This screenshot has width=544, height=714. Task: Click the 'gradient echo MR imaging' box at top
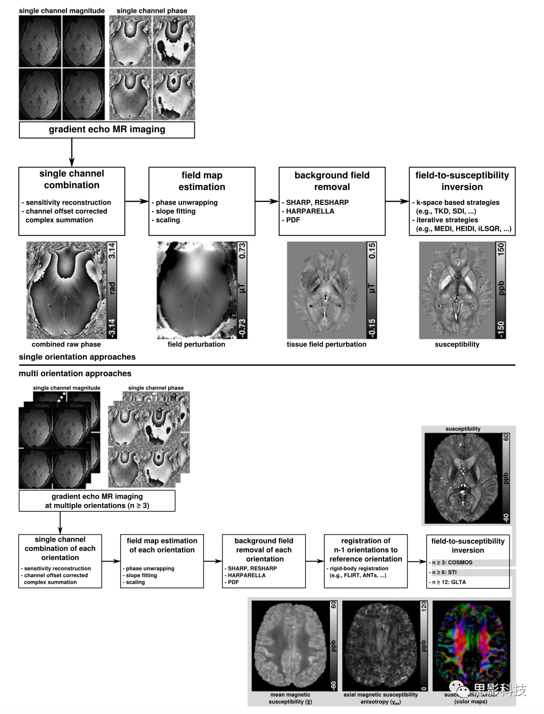107,130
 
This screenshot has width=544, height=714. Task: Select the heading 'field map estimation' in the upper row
201,181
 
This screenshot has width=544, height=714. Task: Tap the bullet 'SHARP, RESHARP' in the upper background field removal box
317,203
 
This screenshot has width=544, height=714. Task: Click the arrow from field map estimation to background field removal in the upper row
266,202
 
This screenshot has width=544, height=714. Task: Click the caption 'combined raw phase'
66,344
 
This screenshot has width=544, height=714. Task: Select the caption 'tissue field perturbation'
326,344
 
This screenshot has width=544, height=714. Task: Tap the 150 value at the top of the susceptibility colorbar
501,249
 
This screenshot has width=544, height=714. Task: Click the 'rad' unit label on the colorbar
112,288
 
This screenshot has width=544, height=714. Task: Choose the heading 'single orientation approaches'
77,357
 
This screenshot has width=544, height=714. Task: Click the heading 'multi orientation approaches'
75,373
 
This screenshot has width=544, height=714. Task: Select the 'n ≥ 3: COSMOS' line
452,563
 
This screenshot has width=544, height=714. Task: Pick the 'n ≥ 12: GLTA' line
448,582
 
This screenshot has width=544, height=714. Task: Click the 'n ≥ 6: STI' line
444,573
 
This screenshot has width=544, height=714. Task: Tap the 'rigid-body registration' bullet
359,568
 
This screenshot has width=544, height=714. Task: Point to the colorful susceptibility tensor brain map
471,646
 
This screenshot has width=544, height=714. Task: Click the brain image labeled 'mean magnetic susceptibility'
290,646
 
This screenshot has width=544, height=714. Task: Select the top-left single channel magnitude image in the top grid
40,41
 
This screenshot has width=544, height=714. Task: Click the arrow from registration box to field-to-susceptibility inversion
417,562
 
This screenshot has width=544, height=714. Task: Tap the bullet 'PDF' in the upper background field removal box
293,220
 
